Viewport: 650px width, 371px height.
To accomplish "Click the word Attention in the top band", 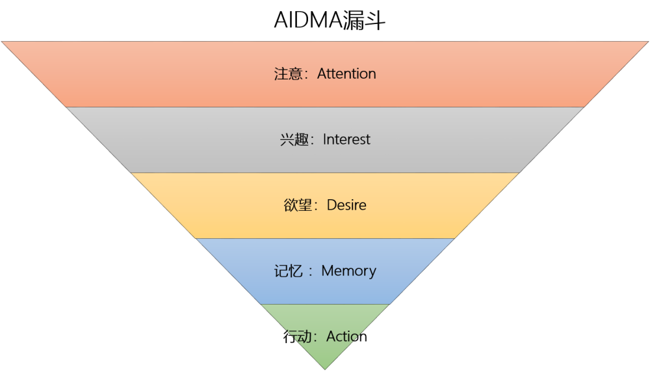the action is pos(346,74).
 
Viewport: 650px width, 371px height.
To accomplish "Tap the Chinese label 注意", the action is pos(288,74).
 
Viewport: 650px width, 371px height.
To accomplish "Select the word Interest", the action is pos(346,139).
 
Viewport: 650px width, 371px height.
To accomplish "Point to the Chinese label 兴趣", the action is pos(294,139).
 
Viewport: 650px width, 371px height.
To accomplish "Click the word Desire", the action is pos(346,205).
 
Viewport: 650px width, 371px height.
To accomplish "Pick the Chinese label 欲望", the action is pos(298,205).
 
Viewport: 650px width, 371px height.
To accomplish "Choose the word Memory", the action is pos(348,271).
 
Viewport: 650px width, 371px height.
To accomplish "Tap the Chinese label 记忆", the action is pos(288,271).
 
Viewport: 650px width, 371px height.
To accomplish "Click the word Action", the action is pos(346,336).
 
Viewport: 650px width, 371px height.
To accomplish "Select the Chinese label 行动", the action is pos(298,337).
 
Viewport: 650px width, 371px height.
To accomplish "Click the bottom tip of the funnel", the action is pos(325,369).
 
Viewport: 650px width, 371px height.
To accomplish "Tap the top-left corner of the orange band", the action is pos(2,42).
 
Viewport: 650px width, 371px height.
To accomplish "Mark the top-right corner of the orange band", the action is pos(648,42).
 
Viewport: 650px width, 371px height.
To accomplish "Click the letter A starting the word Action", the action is pos(331,336).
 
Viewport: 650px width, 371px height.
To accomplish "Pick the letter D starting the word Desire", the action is pos(331,205).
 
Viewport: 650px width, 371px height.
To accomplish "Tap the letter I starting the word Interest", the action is pos(324,139).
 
